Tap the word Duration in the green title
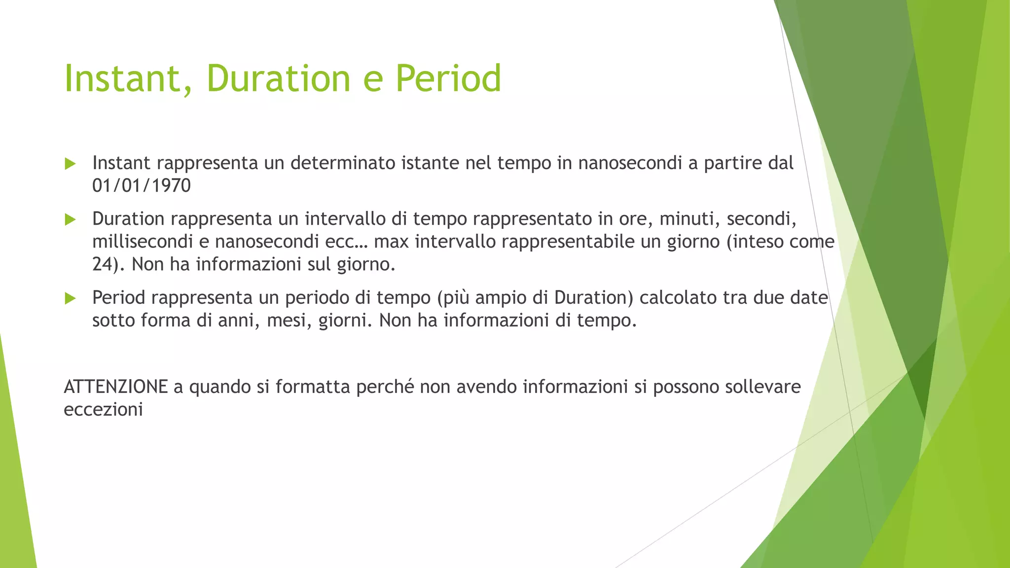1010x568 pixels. [278, 79]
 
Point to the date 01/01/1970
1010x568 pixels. [142, 186]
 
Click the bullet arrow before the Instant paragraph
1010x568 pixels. [71, 164]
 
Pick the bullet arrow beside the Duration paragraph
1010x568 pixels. [71, 219]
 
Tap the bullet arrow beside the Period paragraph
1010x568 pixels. [71, 298]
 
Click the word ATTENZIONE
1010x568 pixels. [116, 387]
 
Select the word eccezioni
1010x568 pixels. [103, 410]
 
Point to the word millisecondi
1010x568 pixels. [143, 242]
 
